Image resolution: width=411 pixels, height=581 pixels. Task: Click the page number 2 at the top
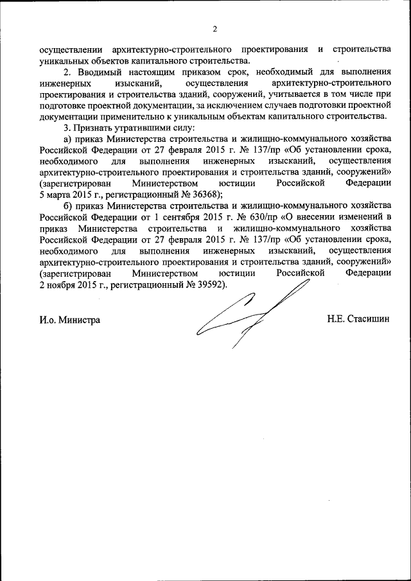tap(215, 28)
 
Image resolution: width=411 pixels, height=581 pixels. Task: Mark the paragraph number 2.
tap(67, 71)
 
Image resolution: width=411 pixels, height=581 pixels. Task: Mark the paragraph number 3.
tap(67, 128)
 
